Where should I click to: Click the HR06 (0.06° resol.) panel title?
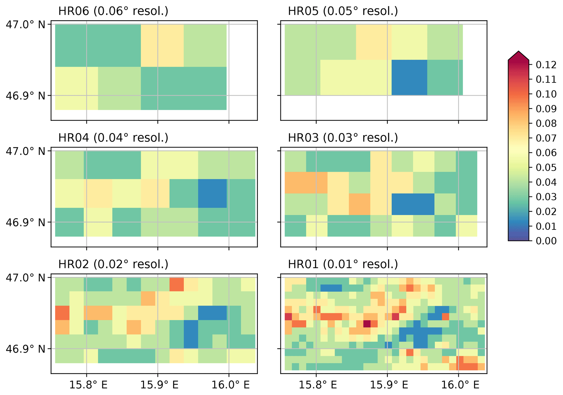click(x=113, y=11)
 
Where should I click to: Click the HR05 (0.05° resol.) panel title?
click(x=343, y=11)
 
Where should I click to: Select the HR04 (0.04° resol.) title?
click(x=113, y=138)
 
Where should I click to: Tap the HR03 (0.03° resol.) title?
click(x=343, y=138)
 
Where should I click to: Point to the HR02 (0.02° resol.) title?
click(x=113, y=264)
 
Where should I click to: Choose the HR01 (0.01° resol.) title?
click(x=343, y=264)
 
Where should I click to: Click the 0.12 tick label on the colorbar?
click(x=546, y=65)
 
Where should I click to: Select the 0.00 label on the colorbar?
click(x=546, y=241)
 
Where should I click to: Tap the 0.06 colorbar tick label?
click(x=546, y=153)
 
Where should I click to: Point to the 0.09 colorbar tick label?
click(x=546, y=109)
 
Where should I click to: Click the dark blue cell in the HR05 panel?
click(x=409, y=77)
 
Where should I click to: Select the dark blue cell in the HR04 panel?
click(x=212, y=193)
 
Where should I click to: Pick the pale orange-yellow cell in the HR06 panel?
click(x=162, y=46)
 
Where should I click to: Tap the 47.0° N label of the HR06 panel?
click(x=26, y=25)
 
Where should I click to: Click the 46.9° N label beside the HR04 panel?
click(x=26, y=222)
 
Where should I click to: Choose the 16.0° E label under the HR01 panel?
click(x=460, y=385)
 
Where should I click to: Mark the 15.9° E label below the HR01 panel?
click(x=389, y=385)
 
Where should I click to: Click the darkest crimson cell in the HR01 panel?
click(x=367, y=324)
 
